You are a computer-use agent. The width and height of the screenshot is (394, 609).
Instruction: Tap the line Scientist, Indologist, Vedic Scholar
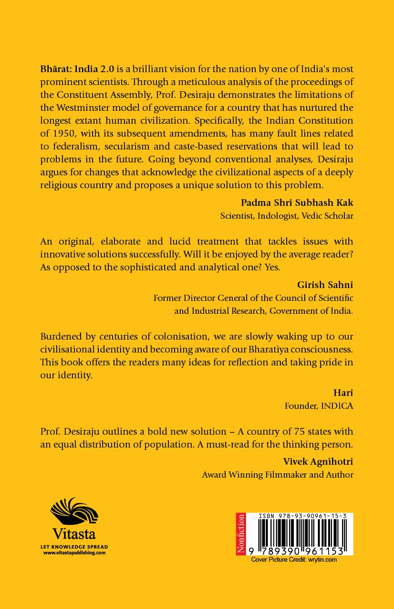tap(287, 215)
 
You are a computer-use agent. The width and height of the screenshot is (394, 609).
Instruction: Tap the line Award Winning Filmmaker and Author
tap(278, 475)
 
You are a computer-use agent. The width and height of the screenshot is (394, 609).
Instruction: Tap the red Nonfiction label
tap(241, 534)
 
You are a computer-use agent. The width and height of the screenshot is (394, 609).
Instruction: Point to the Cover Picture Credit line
tap(294, 559)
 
